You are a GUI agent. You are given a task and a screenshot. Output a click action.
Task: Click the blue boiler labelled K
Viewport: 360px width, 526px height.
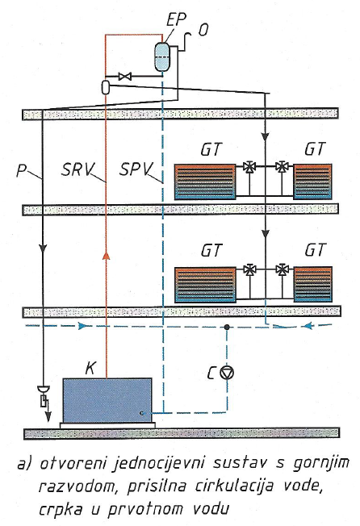coord(107,400)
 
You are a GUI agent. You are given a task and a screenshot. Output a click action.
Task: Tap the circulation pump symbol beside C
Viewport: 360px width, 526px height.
coord(227,373)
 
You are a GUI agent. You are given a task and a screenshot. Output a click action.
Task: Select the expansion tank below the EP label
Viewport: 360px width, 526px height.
coord(162,57)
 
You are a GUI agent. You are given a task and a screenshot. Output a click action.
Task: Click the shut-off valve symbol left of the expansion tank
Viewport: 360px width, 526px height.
coord(125,77)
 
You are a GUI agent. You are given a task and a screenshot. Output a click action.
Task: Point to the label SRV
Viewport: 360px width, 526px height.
coord(78,169)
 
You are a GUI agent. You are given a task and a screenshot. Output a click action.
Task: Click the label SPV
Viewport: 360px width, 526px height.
coord(136,169)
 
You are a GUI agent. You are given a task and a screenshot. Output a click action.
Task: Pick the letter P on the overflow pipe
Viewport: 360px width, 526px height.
coord(22,170)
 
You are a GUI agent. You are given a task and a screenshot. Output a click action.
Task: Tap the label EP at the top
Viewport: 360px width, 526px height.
coord(176,20)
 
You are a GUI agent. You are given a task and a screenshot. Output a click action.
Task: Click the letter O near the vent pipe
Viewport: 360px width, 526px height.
coord(203,30)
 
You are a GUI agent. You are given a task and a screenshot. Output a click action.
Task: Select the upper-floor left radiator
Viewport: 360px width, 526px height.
coord(205,182)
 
